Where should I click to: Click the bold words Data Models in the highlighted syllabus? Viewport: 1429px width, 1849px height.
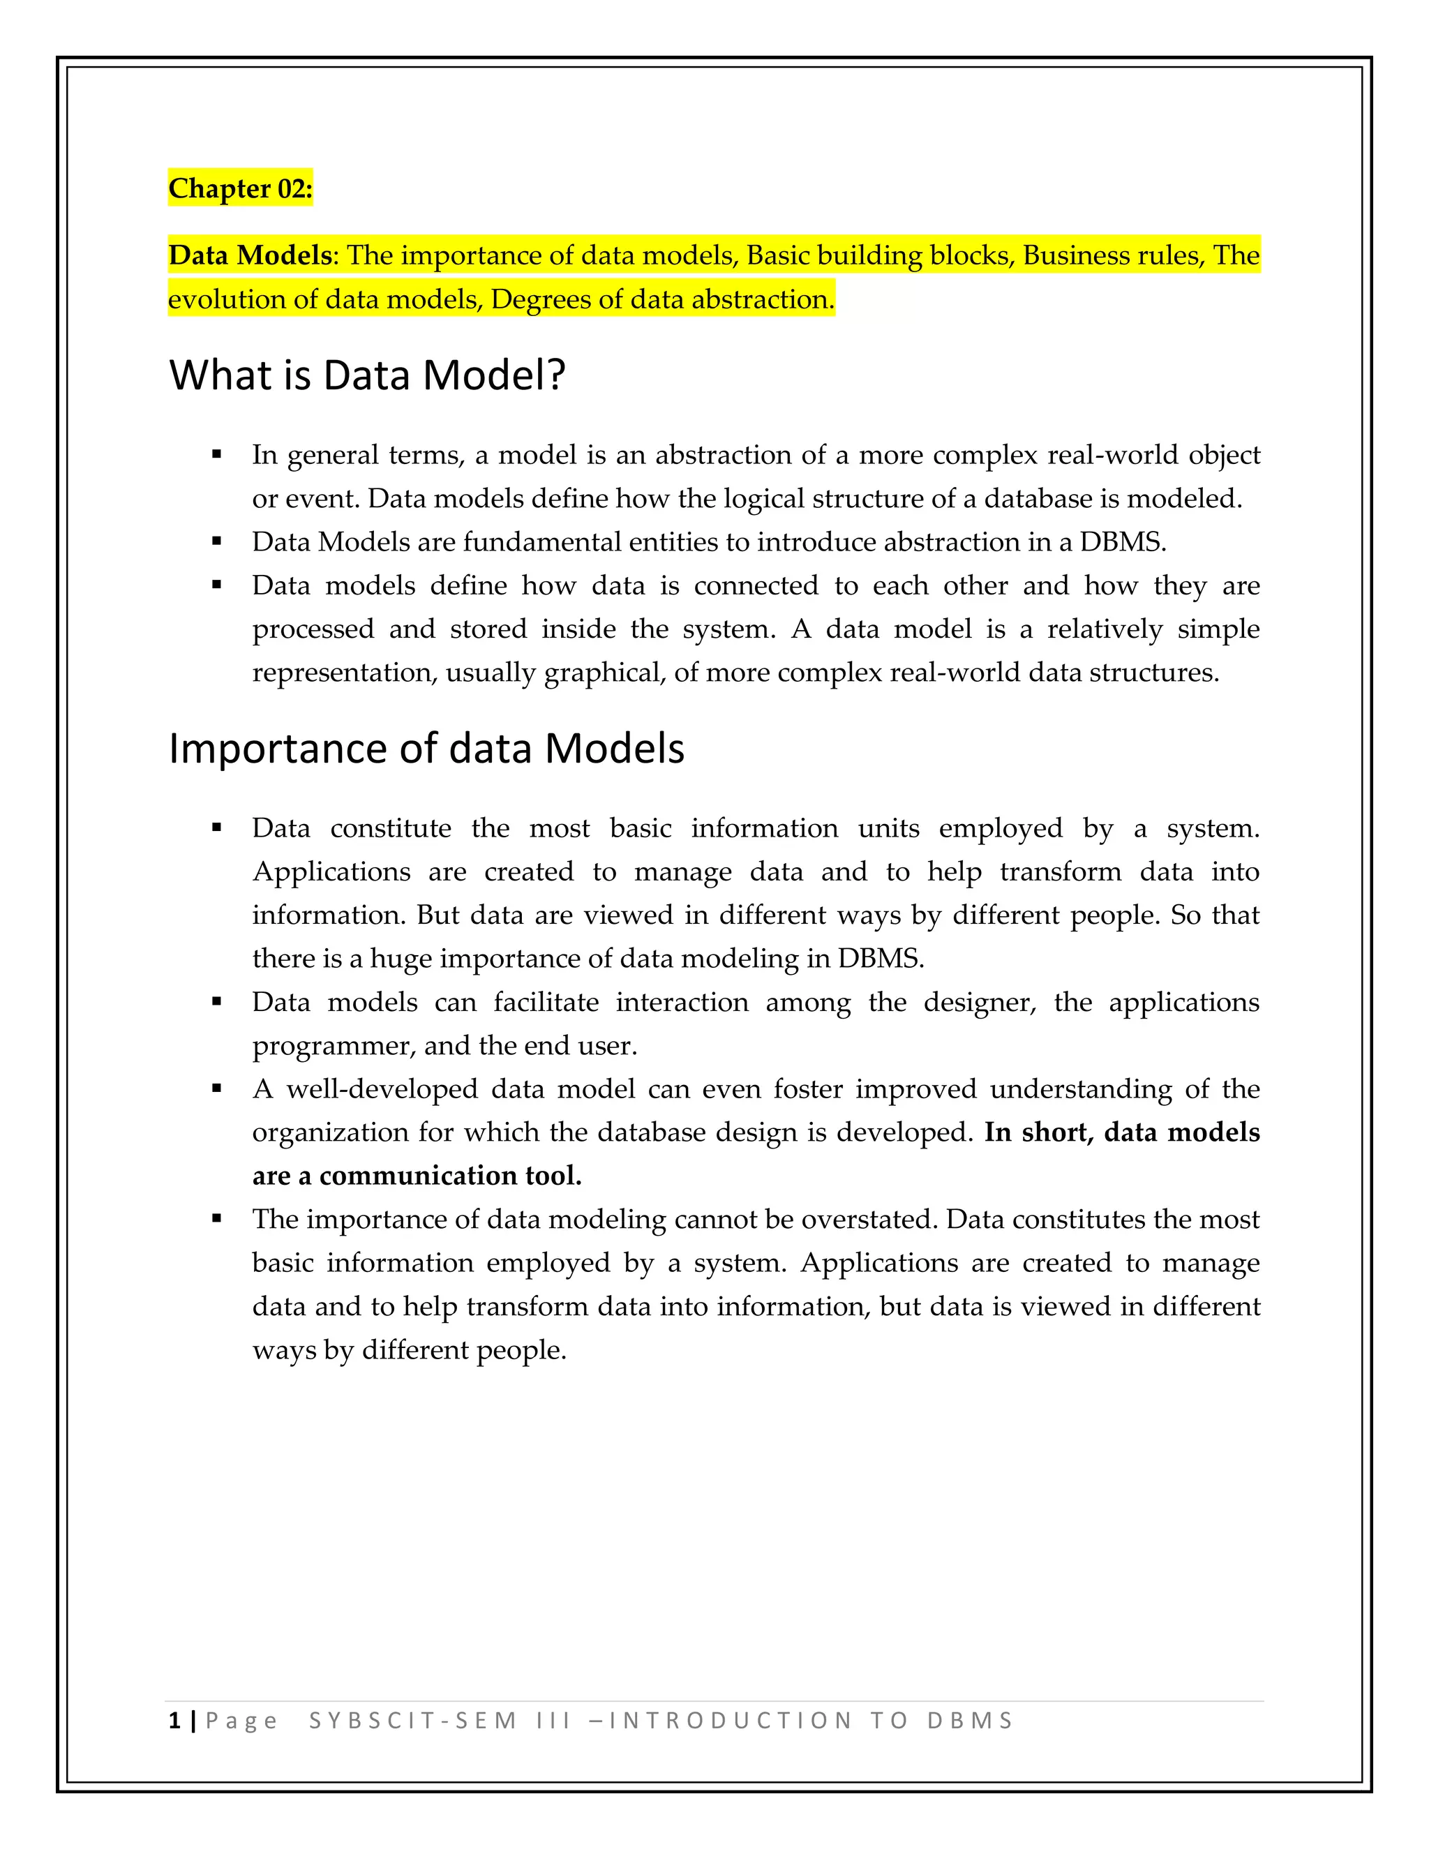click(x=250, y=255)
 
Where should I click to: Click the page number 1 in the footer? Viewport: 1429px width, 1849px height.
click(x=174, y=1721)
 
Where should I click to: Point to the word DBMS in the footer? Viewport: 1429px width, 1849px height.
click(x=969, y=1721)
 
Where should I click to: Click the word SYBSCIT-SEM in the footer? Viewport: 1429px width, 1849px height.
click(x=412, y=1721)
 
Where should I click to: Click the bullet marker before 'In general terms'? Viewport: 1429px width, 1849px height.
click(x=217, y=455)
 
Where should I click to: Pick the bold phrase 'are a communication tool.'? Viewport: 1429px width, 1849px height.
click(x=417, y=1175)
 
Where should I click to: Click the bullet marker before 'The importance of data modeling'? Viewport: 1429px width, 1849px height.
click(x=217, y=1219)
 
